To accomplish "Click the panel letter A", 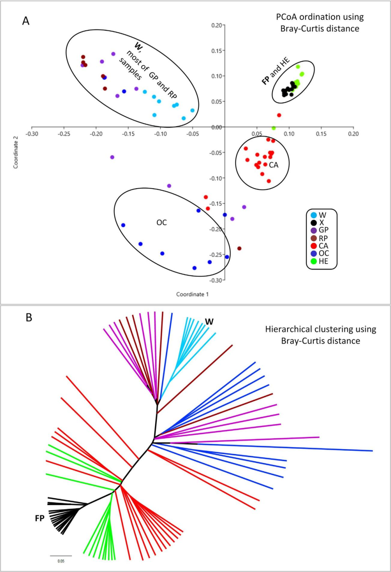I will pyautogui.click(x=26, y=21).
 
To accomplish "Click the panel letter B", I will pyautogui.click(x=29, y=318).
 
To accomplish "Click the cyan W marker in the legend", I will pyautogui.click(x=314, y=215).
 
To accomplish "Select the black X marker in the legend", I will pyautogui.click(x=314, y=223).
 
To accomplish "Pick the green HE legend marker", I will pyautogui.click(x=314, y=261).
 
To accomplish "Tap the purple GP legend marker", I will pyautogui.click(x=314, y=230).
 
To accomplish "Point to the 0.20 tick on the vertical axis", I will pyautogui.click(x=216, y=25).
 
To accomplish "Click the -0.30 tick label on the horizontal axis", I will pyautogui.click(x=32, y=134).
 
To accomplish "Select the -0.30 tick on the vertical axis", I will pyautogui.click(x=216, y=280).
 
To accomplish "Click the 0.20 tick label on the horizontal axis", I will pyautogui.click(x=353, y=134).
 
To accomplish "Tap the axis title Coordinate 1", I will pyautogui.click(x=192, y=295).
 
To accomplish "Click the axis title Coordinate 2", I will pyautogui.click(x=16, y=152).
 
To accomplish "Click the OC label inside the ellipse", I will pyautogui.click(x=161, y=223).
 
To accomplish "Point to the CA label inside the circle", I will pyautogui.click(x=274, y=165).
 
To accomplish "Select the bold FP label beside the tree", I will pyautogui.click(x=39, y=518).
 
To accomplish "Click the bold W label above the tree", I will pyautogui.click(x=209, y=322).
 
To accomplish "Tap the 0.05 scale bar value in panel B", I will pyautogui.click(x=61, y=561).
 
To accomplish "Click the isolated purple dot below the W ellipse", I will pyautogui.click(x=112, y=157).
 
